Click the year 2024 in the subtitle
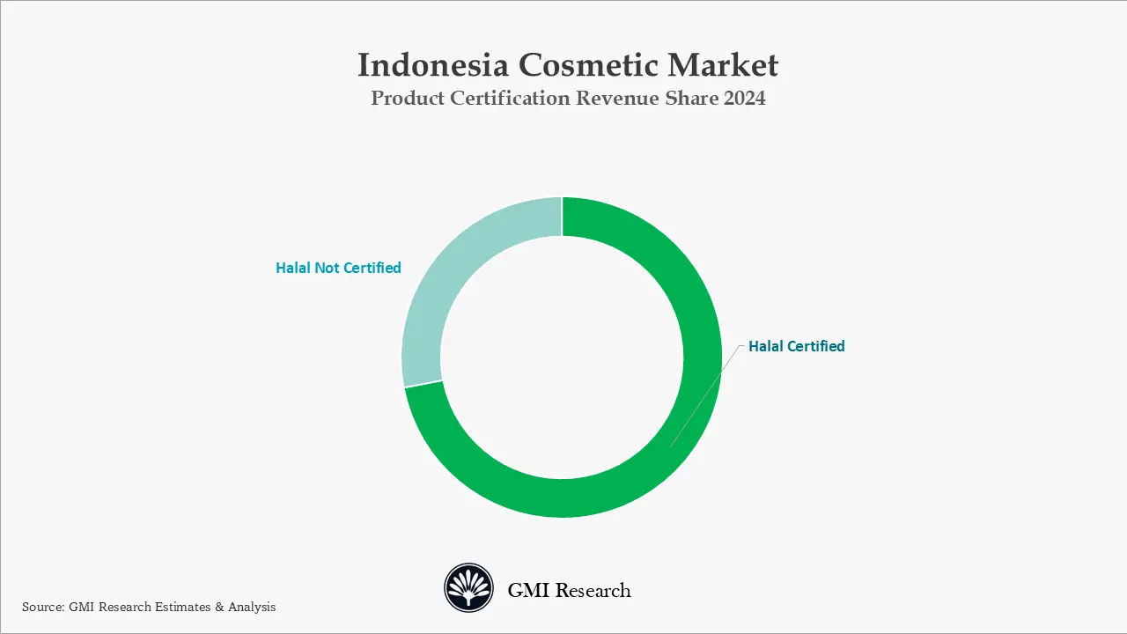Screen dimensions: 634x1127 tap(744, 99)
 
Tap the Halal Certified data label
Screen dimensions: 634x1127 tap(796, 346)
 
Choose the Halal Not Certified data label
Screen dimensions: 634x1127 tap(338, 268)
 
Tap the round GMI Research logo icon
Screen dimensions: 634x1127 tap(468, 588)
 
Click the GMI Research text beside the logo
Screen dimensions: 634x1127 tap(569, 590)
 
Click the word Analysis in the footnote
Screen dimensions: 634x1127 tap(252, 607)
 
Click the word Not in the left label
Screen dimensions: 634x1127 tap(327, 268)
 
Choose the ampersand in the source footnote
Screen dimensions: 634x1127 tap(218, 607)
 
